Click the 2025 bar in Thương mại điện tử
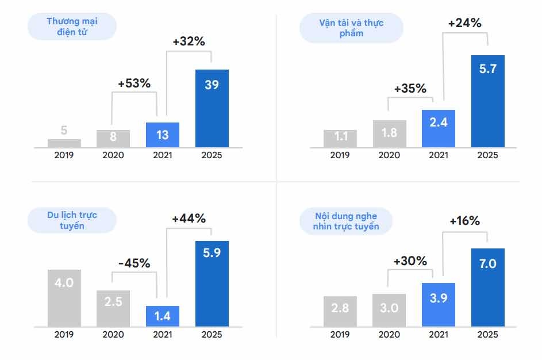(212, 108)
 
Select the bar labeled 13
(163, 135)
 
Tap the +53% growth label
(134, 83)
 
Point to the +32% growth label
(189, 43)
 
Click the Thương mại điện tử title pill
(72, 27)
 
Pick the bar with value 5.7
(487, 101)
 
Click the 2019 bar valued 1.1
(340, 139)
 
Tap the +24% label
(464, 24)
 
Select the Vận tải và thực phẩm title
(351, 28)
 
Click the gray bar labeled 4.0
(64, 297)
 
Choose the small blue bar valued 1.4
(163, 316)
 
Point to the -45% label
(134, 263)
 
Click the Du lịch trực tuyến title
(72, 220)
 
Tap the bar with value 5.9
(212, 283)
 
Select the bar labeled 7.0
(487, 287)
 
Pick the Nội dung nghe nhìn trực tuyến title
(347, 221)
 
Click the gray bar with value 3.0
(389, 310)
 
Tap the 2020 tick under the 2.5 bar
(113, 334)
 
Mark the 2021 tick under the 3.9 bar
(439, 334)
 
